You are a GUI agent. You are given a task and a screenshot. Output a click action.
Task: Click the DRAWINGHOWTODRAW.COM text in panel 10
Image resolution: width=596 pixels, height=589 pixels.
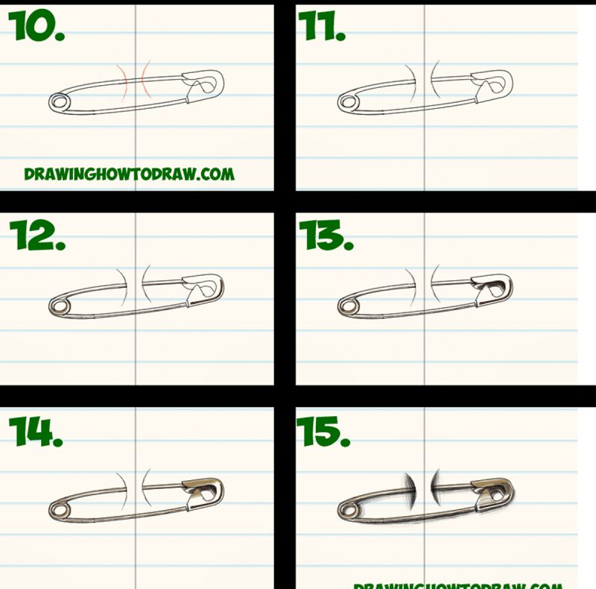point(129,174)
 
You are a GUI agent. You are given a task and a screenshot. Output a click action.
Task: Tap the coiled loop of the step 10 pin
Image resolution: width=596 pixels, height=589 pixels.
point(57,101)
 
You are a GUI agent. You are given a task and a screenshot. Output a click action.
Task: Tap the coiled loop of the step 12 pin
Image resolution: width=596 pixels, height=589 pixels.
point(57,305)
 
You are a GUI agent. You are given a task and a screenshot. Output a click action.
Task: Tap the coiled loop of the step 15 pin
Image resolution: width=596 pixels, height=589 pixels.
point(346,510)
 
